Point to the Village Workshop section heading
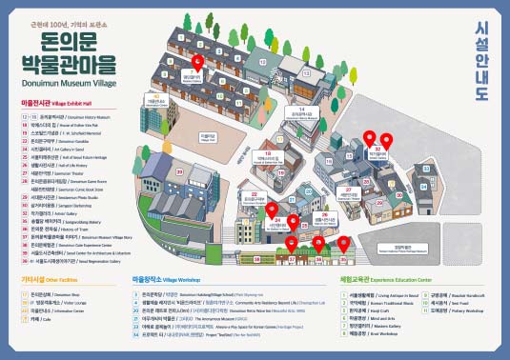pyautogui.click(x=167, y=281)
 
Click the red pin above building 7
pyautogui.click(x=197, y=62)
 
